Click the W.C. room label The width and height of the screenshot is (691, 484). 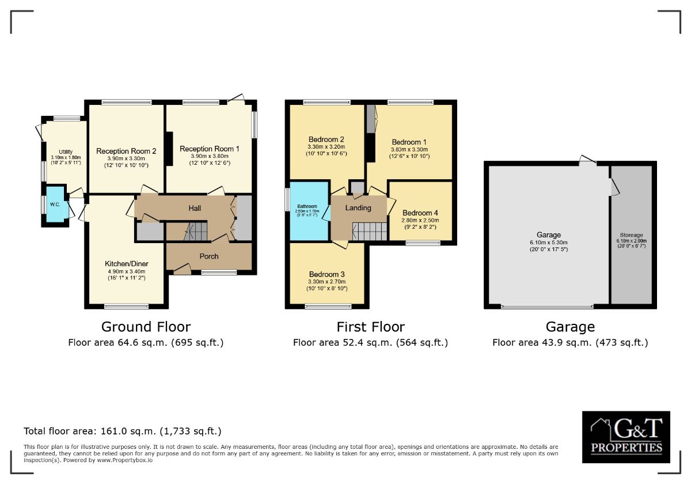(x=55, y=204)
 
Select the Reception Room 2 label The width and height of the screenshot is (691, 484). (x=126, y=151)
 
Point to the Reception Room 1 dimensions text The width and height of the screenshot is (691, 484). (x=209, y=160)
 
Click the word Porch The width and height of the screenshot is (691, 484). (x=208, y=256)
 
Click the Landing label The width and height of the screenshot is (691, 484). (x=358, y=207)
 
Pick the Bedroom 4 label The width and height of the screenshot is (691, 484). (x=420, y=212)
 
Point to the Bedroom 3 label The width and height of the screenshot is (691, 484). (x=326, y=274)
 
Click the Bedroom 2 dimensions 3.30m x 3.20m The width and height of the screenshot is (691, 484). (x=326, y=147)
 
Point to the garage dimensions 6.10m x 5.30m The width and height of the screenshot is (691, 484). (x=548, y=243)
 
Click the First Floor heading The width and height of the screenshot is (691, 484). (x=370, y=327)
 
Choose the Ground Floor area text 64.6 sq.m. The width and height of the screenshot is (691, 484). (x=146, y=342)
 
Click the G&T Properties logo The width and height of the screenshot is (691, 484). (x=626, y=437)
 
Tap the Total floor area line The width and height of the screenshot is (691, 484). (x=122, y=431)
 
